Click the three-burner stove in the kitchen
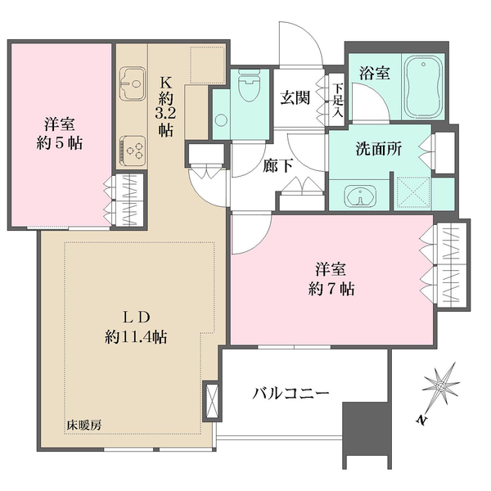(x=133, y=149)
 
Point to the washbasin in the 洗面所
(x=358, y=197)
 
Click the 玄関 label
(x=295, y=97)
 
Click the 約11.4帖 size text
(x=137, y=336)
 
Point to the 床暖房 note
(x=84, y=426)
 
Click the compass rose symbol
(x=444, y=384)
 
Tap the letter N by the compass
(x=421, y=421)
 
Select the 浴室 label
(x=374, y=73)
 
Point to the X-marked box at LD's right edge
(x=210, y=401)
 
